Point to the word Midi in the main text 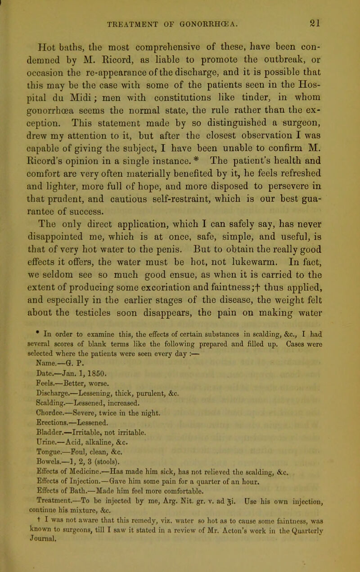point(105,81)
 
